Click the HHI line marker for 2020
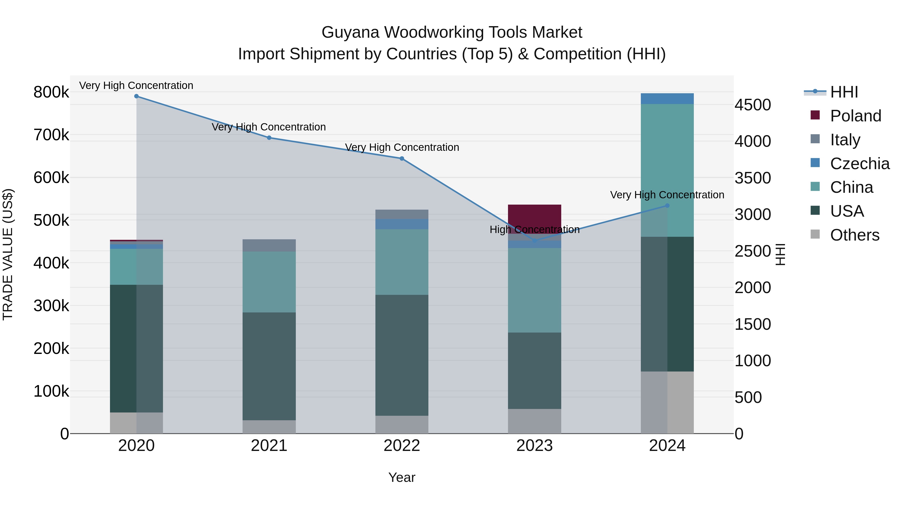click(137, 96)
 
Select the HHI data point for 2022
click(402, 158)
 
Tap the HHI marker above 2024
click(667, 206)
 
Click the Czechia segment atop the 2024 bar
click(667, 99)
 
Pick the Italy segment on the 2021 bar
click(269, 245)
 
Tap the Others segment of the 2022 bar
click(402, 424)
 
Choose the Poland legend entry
click(856, 116)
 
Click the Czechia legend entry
click(860, 164)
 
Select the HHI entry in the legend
click(844, 92)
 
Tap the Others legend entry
click(855, 235)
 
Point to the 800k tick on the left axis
click(51, 92)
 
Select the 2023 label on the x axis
click(534, 446)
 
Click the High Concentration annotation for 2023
click(534, 229)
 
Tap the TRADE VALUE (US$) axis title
click(8, 254)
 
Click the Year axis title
click(402, 477)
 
